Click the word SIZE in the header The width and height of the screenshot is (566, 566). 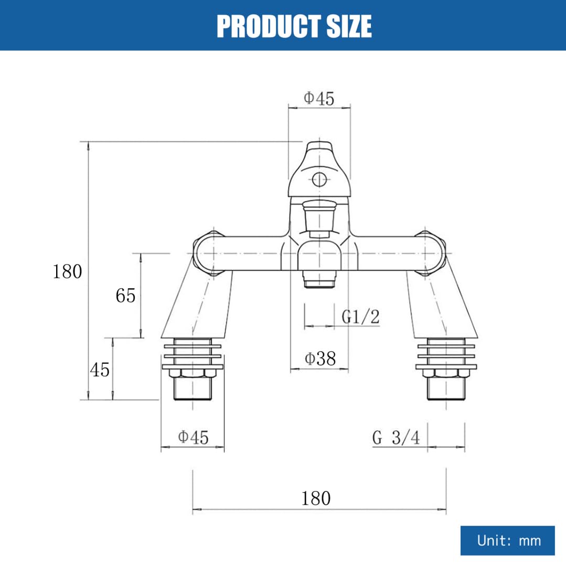tap(349, 26)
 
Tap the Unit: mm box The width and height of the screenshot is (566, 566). tap(507, 540)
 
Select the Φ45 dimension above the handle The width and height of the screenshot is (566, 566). tap(319, 98)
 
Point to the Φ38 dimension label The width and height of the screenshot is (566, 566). tap(320, 358)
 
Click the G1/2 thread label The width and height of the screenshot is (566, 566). tap(360, 317)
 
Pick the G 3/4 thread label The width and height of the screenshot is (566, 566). tap(396, 438)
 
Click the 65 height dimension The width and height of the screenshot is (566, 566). tap(125, 296)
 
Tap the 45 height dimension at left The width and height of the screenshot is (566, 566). tap(100, 369)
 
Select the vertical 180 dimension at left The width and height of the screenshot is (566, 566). tap(67, 271)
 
